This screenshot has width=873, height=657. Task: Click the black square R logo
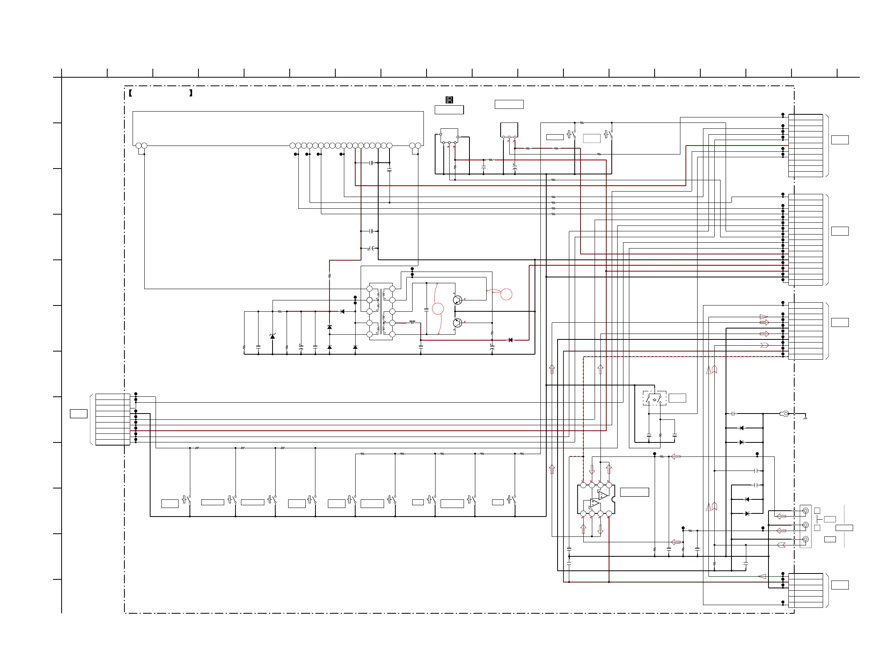(x=449, y=100)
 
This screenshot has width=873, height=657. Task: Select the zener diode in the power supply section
(x=272, y=336)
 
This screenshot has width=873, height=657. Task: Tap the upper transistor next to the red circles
(x=457, y=300)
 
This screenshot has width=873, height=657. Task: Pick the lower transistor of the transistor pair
(x=457, y=323)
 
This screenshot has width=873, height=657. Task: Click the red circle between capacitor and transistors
(x=438, y=308)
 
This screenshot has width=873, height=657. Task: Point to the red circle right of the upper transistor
(x=506, y=294)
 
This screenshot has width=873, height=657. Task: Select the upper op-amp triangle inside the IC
(x=603, y=495)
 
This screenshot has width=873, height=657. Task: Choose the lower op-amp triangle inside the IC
(x=594, y=503)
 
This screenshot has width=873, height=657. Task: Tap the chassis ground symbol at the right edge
(x=805, y=418)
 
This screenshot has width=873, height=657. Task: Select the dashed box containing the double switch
(x=654, y=398)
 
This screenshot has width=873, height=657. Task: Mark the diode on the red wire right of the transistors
(x=510, y=340)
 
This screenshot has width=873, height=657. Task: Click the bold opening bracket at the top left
(x=130, y=93)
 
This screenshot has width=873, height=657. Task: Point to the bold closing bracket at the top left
(x=191, y=93)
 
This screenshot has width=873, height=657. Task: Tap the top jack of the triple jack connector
(x=806, y=511)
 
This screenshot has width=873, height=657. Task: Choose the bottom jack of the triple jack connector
(x=806, y=539)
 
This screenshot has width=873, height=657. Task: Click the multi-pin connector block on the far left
(x=112, y=419)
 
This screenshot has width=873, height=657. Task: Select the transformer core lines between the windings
(x=381, y=311)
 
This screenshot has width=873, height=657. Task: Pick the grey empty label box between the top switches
(x=591, y=138)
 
